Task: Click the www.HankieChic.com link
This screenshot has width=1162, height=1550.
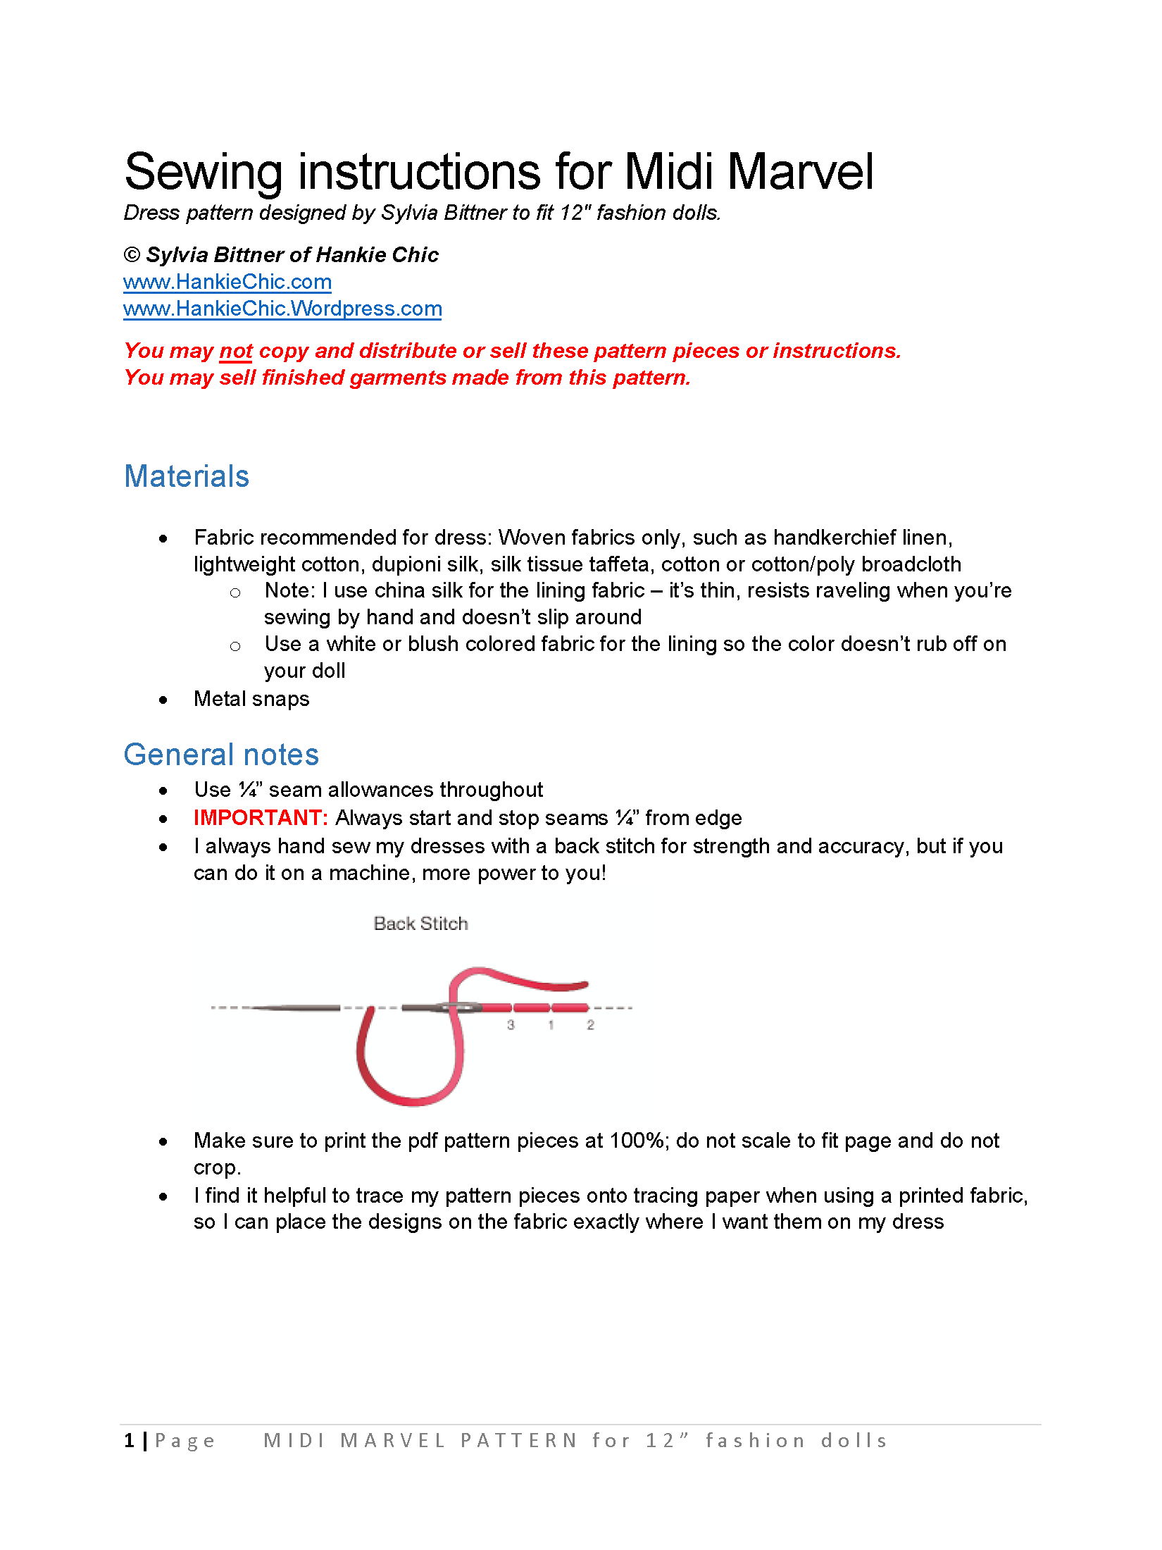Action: pyautogui.click(x=227, y=282)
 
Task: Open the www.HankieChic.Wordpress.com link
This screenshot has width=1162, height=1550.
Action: pyautogui.click(x=282, y=309)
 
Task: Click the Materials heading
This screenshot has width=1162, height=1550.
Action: pyautogui.click(x=187, y=476)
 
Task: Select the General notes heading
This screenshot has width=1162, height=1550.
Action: pyautogui.click(x=221, y=755)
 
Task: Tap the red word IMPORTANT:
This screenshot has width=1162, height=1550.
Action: pyautogui.click(x=261, y=817)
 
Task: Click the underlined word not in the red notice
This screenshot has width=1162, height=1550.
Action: pyautogui.click(x=236, y=351)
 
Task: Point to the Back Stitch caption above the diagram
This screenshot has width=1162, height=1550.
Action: pyautogui.click(x=420, y=923)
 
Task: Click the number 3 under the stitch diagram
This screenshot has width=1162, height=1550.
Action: pyautogui.click(x=511, y=1025)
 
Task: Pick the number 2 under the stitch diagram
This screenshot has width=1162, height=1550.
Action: pyautogui.click(x=590, y=1025)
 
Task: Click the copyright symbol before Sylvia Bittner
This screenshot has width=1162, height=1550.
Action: pyautogui.click(x=132, y=255)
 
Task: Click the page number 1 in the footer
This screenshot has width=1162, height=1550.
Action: pyautogui.click(x=129, y=1441)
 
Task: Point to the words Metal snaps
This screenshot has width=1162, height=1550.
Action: pyautogui.click(x=251, y=699)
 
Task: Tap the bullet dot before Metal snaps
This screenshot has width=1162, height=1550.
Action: pyautogui.click(x=163, y=700)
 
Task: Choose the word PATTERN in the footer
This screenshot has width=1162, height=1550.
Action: pyautogui.click(x=519, y=1441)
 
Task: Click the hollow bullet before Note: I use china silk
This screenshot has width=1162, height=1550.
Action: pyautogui.click(x=235, y=593)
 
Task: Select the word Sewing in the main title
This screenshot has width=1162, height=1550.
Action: pyautogui.click(x=203, y=172)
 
